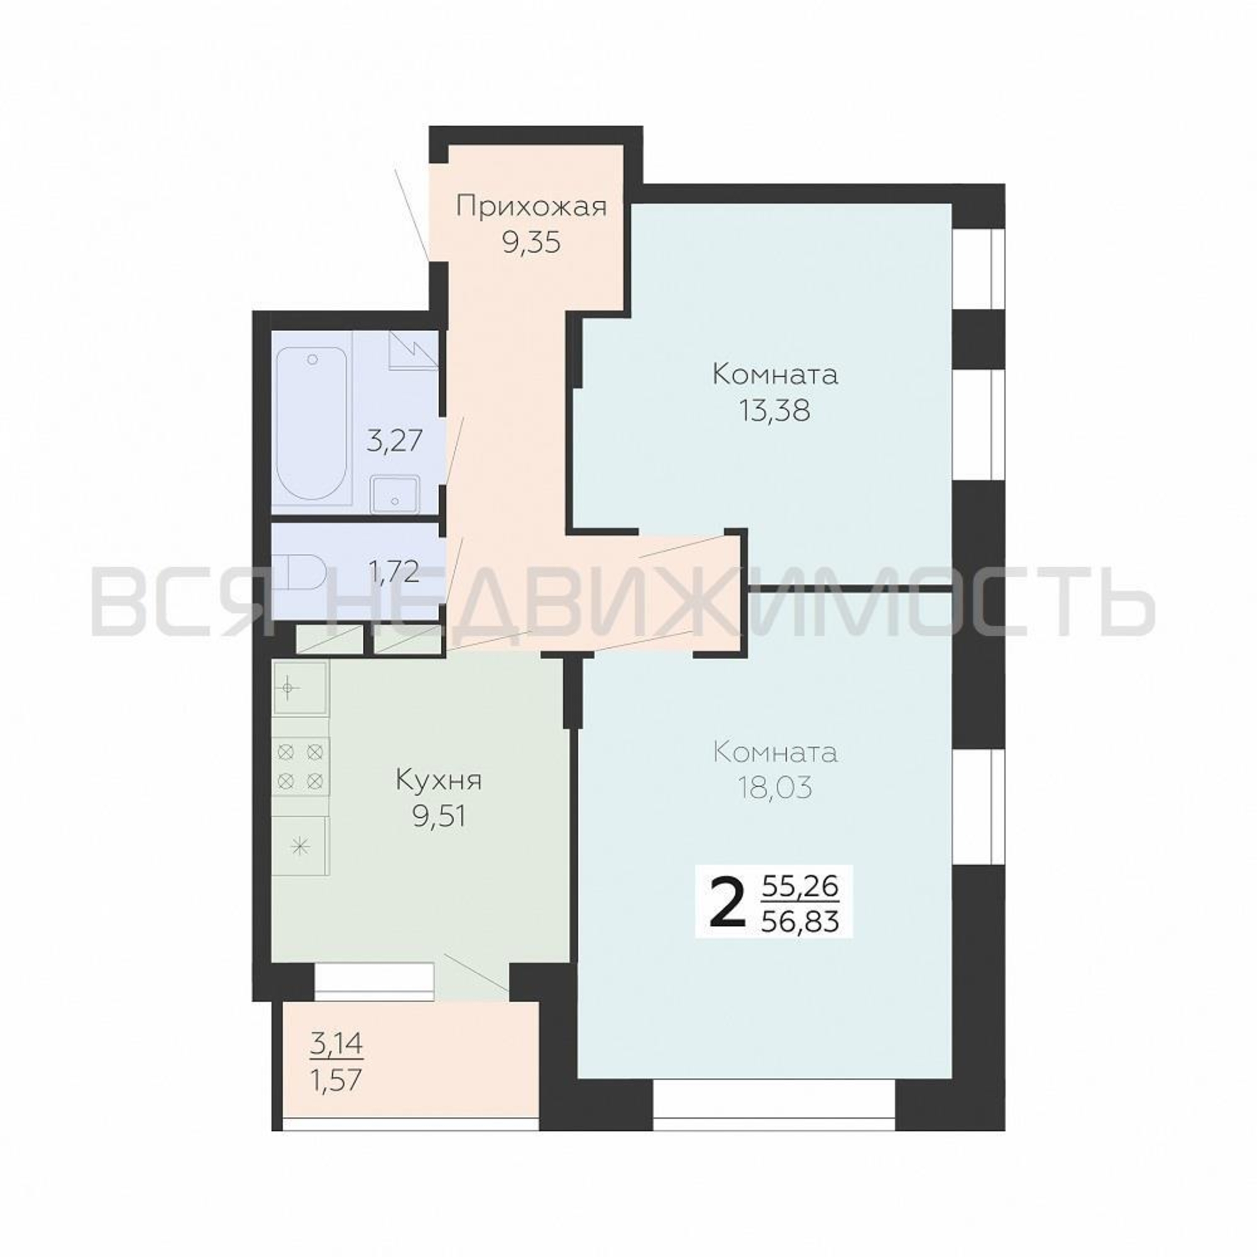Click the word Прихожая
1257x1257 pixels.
coord(531,208)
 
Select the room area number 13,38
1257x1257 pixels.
coord(775,410)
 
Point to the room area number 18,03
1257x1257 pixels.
coord(775,788)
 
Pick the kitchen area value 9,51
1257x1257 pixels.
coord(439,816)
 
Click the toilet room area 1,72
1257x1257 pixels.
coord(393,573)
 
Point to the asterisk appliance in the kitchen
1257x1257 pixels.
coord(300,847)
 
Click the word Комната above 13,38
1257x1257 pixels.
coord(775,375)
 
